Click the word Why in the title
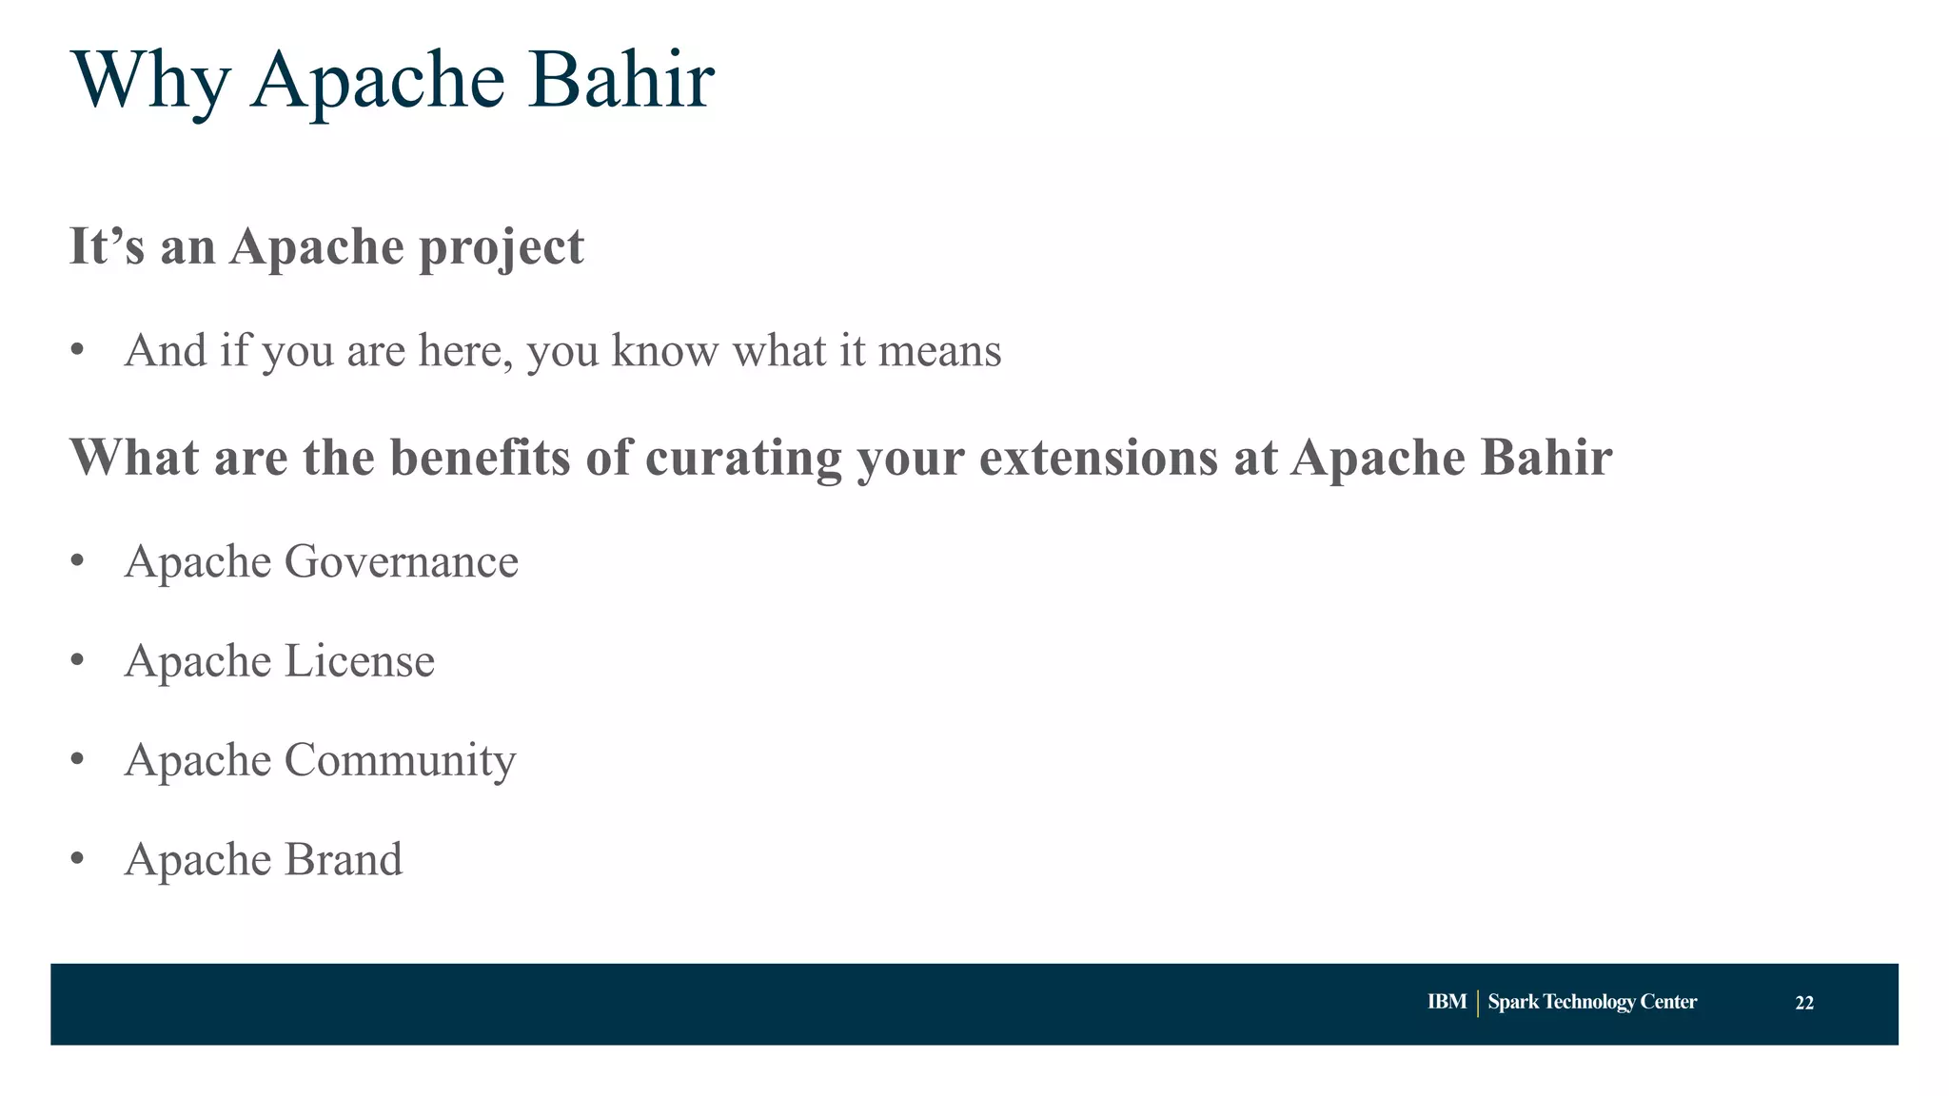point(150,81)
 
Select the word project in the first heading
point(502,247)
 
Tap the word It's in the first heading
point(107,246)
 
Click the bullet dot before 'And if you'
point(78,350)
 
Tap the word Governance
point(401,561)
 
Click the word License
point(359,660)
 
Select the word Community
point(400,760)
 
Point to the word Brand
point(343,859)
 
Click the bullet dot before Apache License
point(78,659)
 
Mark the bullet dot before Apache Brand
point(78,858)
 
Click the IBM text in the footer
point(1447,1002)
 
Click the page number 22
point(1803,1003)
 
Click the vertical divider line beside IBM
point(1477,1003)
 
